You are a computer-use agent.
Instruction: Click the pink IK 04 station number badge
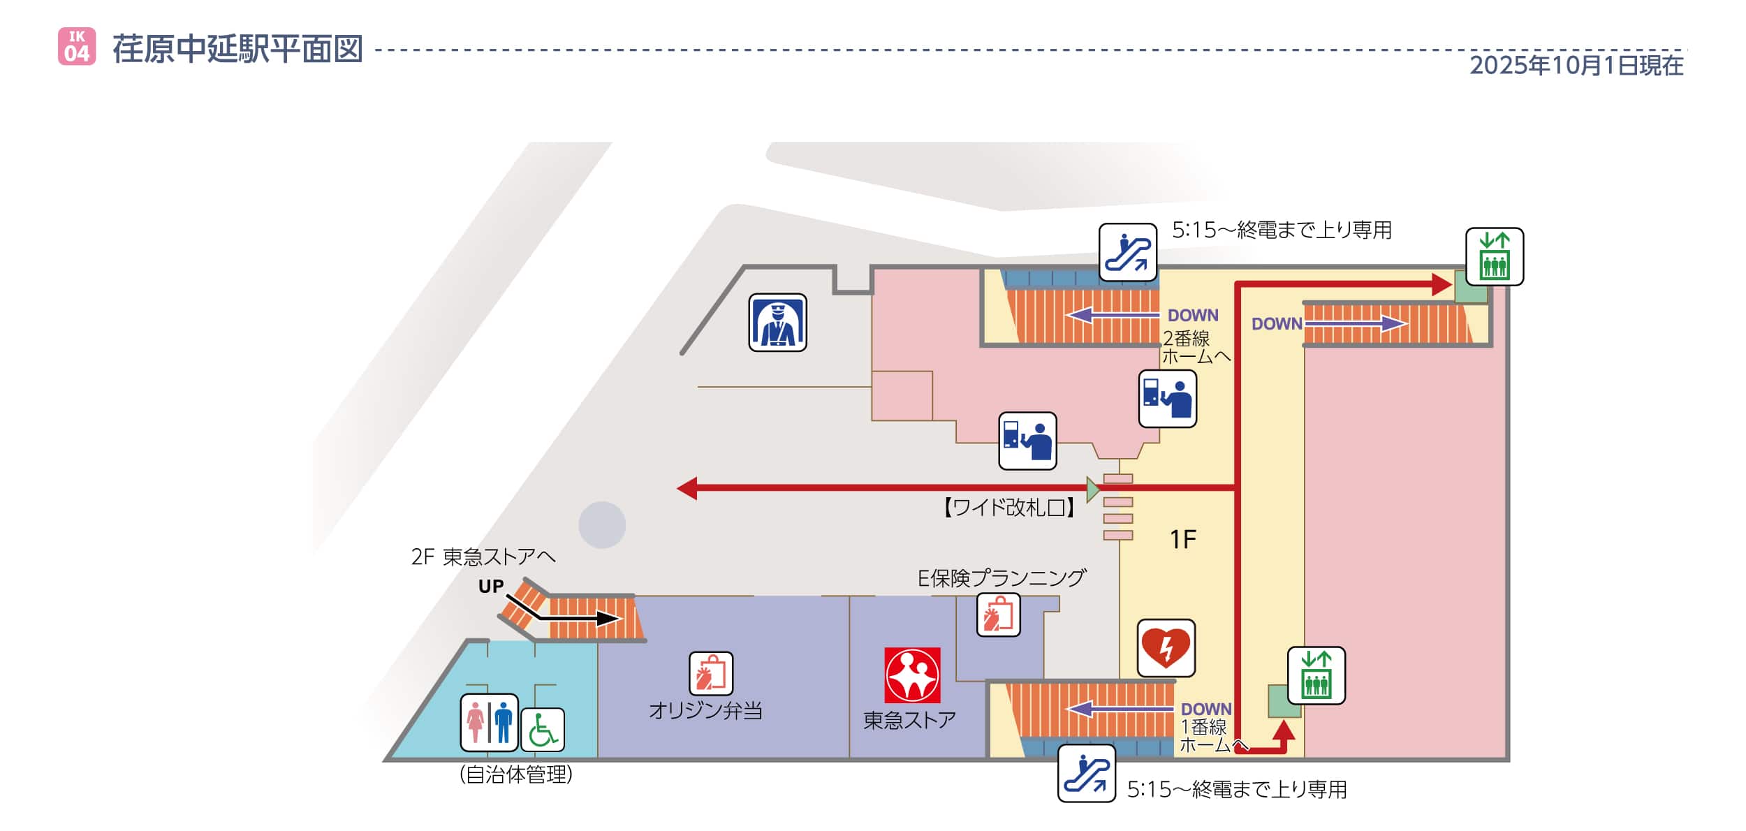coord(77,47)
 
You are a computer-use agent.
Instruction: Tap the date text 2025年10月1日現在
coord(1576,66)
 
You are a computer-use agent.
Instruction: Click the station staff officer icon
coord(777,323)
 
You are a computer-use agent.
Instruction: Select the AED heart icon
coord(1166,648)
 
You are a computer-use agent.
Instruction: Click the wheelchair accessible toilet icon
coord(543,730)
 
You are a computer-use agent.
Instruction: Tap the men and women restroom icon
coord(489,722)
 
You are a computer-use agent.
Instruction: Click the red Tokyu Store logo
coord(912,675)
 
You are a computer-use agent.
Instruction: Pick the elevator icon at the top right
coord(1494,256)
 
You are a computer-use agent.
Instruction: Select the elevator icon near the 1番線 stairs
coord(1316,675)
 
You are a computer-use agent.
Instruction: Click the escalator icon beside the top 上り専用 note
coord(1127,252)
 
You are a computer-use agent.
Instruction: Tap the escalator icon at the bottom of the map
coord(1086,773)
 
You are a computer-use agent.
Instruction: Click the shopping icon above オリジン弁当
coord(711,673)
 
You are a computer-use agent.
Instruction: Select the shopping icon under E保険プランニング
coord(998,615)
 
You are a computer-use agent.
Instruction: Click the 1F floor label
coord(1183,539)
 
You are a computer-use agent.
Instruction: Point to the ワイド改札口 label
coord(1008,508)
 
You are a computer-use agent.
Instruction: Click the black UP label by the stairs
coord(490,587)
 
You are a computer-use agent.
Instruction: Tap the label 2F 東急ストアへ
coord(483,557)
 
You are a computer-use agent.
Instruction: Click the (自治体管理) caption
coord(516,774)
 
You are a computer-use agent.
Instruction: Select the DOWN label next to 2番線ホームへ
coord(1193,316)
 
